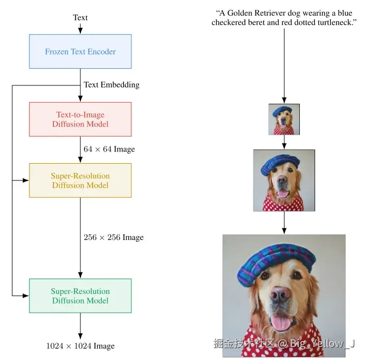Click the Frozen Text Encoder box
[80, 51]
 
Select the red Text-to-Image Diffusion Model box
[80, 119]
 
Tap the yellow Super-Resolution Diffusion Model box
[80, 181]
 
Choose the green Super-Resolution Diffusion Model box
[80, 296]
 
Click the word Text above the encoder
[80, 18]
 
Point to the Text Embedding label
[111, 85]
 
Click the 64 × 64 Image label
[109, 149]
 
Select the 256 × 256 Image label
[114, 237]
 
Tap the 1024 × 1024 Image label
[80, 346]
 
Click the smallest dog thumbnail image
[284, 119]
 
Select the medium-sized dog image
[284, 181]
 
